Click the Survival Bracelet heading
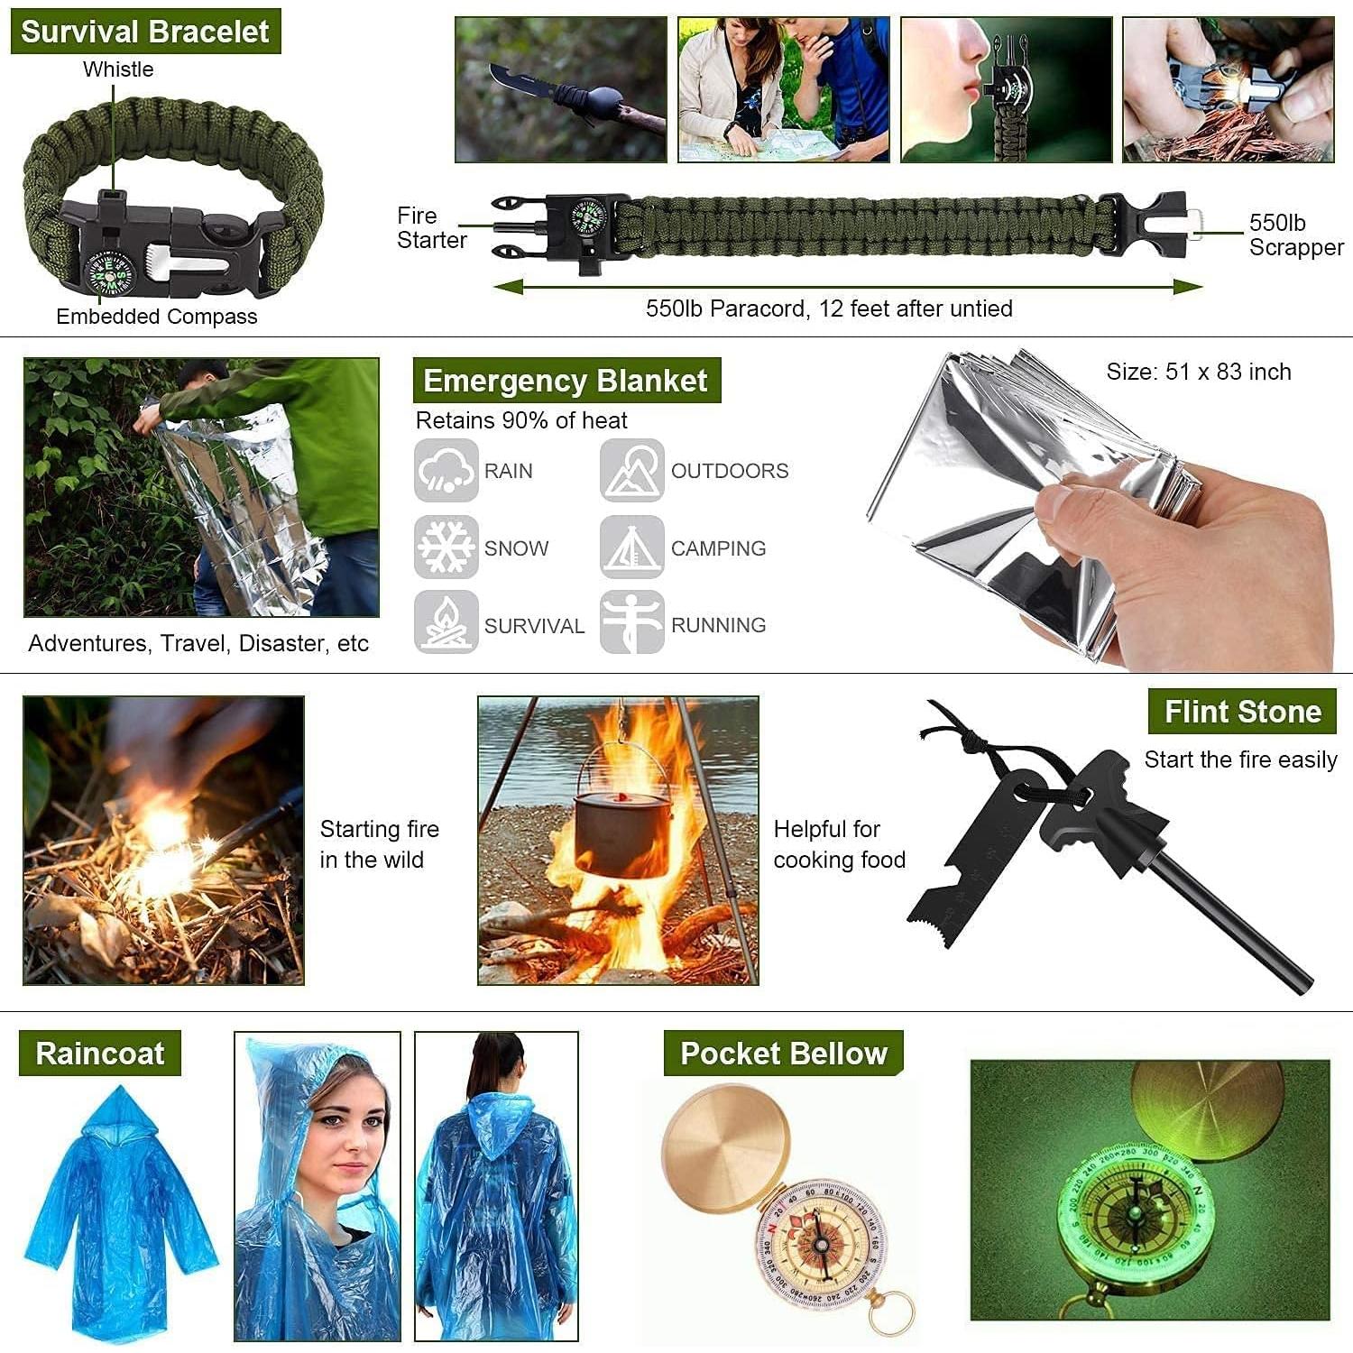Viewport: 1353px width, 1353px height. (145, 32)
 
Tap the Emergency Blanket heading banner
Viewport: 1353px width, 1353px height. (566, 381)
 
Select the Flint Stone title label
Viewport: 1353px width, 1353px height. (1242, 712)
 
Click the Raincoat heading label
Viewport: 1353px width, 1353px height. (99, 1054)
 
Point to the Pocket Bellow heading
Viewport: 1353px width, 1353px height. (783, 1054)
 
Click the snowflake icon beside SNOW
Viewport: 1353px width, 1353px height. (446, 547)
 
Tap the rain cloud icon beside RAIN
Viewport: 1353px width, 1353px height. (446, 470)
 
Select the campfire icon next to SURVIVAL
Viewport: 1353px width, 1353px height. (446, 622)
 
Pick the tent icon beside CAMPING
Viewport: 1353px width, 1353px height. (631, 547)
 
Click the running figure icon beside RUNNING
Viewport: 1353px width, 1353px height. (631, 622)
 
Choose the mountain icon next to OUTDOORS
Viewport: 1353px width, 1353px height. (631, 470)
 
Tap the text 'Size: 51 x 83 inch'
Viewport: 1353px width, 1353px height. (1198, 372)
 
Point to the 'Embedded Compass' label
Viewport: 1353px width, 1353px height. (156, 317)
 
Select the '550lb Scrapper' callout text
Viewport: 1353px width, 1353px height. (1295, 235)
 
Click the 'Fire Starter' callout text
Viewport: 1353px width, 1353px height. (431, 228)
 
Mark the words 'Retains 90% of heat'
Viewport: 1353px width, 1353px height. (520, 420)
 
